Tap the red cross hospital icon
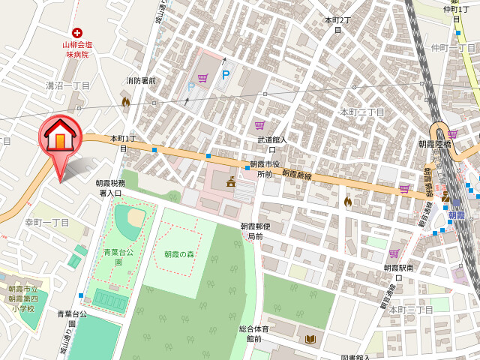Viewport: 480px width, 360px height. [x=76, y=32]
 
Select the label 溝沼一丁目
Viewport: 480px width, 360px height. [x=67, y=86]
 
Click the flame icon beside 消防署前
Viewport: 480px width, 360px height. [x=126, y=100]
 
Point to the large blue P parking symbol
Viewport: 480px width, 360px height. [x=225, y=75]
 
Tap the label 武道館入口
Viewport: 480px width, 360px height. [x=272, y=144]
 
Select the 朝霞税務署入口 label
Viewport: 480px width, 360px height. [x=111, y=187]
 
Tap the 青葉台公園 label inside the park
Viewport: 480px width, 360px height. [x=118, y=257]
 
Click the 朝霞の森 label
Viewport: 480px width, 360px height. [x=180, y=253]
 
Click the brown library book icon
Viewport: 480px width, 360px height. [x=310, y=340]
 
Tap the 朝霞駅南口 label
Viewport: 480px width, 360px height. [x=403, y=272]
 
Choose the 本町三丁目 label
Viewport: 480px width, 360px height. [x=406, y=310]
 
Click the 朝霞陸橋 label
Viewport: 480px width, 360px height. [x=435, y=144]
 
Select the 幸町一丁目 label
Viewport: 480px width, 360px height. [x=46, y=223]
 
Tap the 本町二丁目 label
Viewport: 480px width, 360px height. [x=362, y=112]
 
